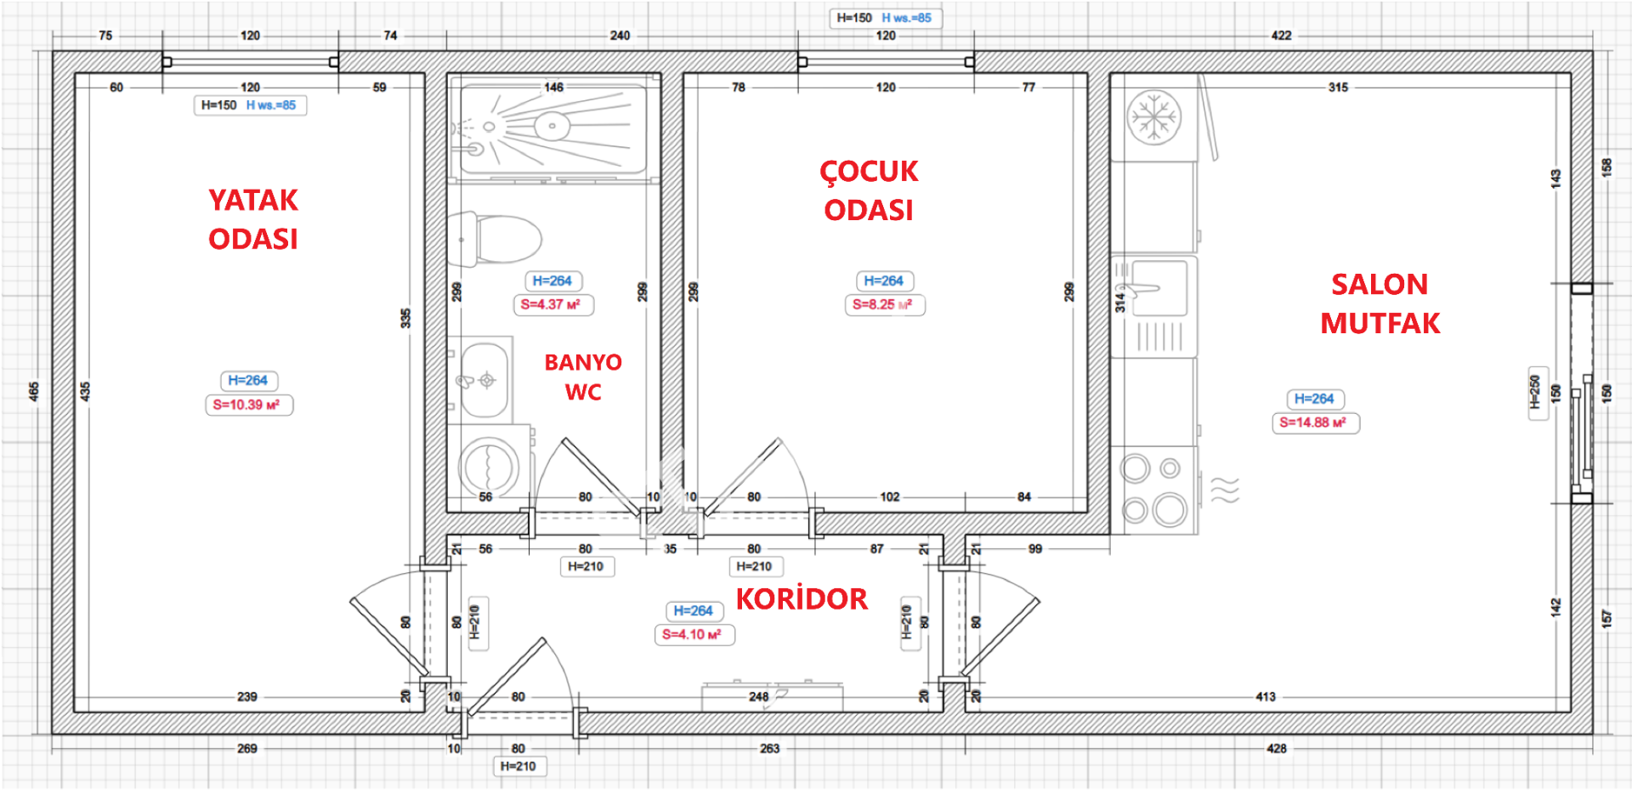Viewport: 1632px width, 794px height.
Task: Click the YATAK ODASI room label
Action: (x=253, y=219)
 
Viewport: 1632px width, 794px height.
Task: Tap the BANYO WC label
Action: (x=583, y=377)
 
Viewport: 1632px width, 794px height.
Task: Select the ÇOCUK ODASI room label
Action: (x=869, y=190)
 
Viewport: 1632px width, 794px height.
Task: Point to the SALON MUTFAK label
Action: (x=1380, y=303)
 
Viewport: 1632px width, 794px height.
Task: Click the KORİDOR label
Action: (x=802, y=598)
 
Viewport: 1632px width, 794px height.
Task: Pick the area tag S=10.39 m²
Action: (x=248, y=405)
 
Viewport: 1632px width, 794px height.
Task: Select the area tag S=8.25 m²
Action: (x=884, y=304)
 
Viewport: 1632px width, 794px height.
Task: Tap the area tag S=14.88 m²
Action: (x=1315, y=423)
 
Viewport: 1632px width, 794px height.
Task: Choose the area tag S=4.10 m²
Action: (x=694, y=634)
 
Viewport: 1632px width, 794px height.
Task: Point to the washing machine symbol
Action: (x=490, y=467)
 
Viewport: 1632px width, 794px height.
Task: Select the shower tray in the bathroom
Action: (x=553, y=128)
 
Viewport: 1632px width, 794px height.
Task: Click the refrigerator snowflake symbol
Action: (x=1153, y=116)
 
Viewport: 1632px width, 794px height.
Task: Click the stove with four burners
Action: (x=1154, y=491)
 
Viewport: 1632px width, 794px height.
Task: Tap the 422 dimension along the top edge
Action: (x=1281, y=36)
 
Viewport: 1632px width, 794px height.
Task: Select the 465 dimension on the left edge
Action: (x=34, y=391)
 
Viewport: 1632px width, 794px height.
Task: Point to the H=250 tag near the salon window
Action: (x=1535, y=393)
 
